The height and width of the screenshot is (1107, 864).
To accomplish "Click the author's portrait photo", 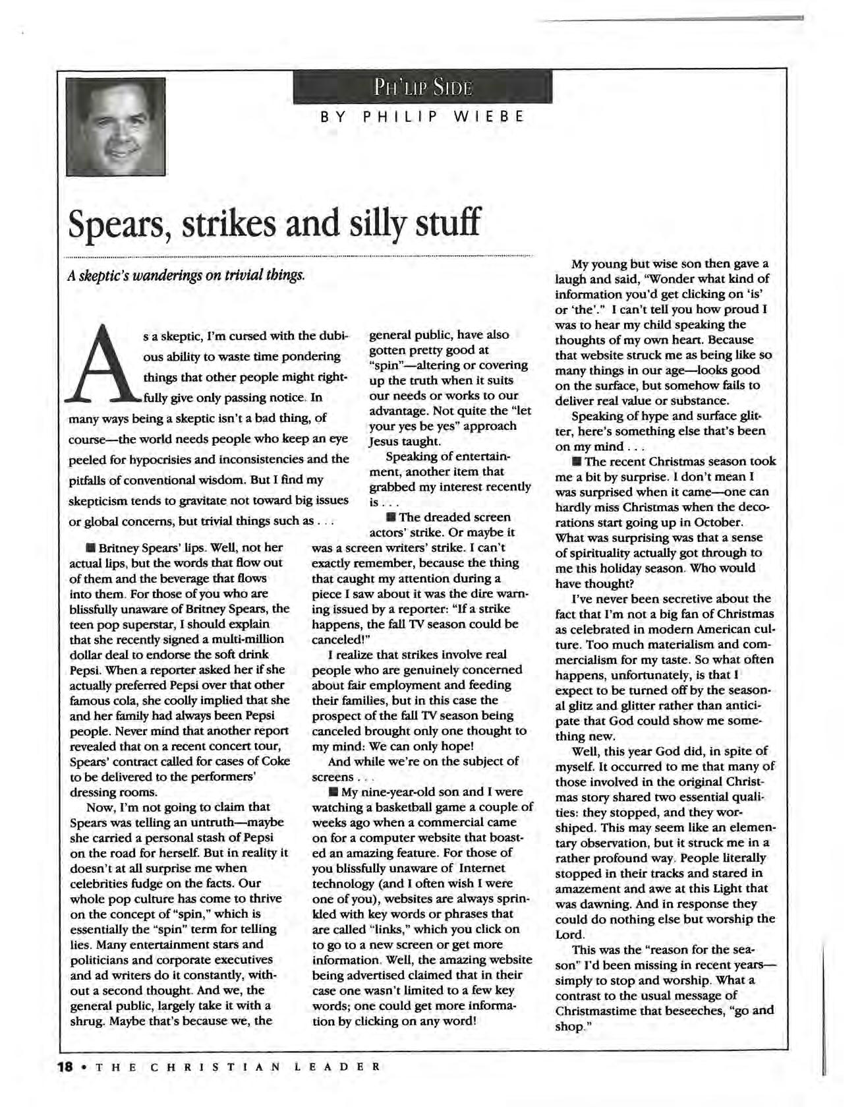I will (x=115, y=126).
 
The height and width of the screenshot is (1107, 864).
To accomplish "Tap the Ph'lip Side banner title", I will (x=422, y=87).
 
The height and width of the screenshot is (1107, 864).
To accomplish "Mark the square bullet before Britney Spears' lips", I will (x=90, y=548).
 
